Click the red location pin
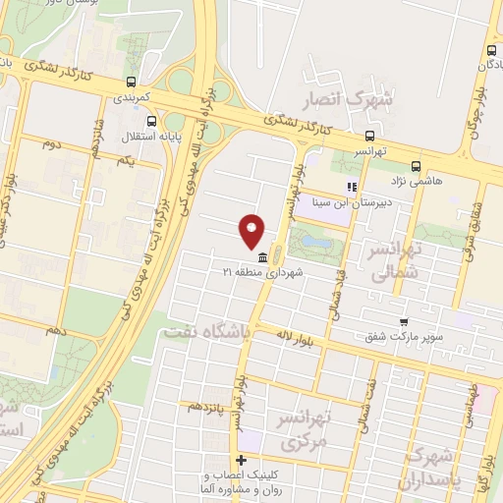pyautogui.click(x=252, y=230)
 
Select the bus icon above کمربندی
pyautogui.click(x=131, y=83)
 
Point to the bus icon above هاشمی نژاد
pyautogui.click(x=416, y=166)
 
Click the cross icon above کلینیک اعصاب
pyautogui.click(x=241, y=461)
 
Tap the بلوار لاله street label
pyautogui.click(x=295, y=337)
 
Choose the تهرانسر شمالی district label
pyautogui.click(x=392, y=260)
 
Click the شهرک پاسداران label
pyautogui.click(x=432, y=470)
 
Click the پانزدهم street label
pyautogui.click(x=208, y=405)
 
